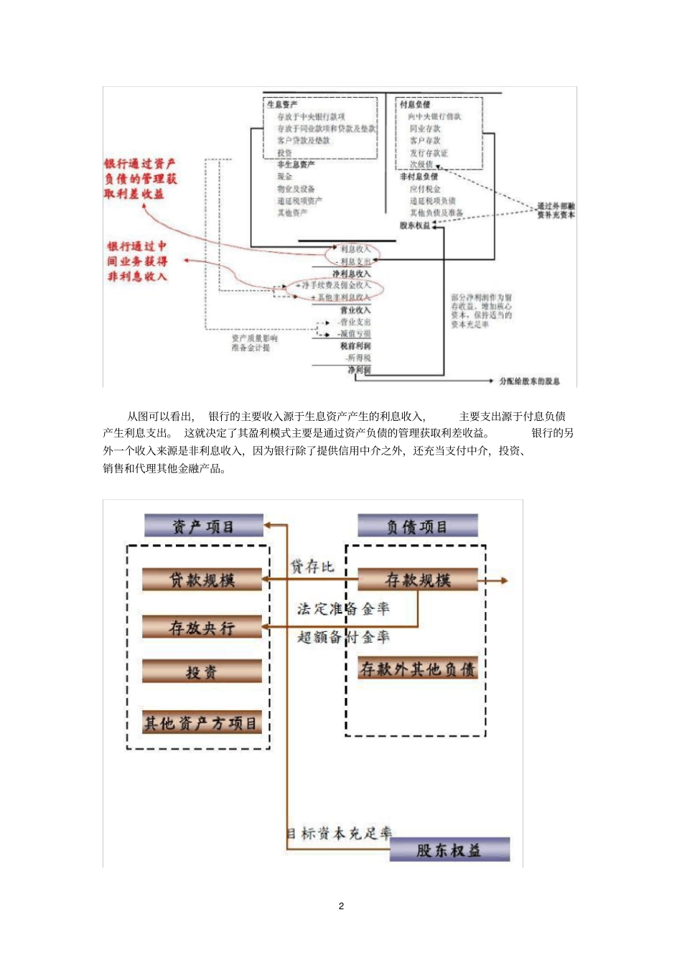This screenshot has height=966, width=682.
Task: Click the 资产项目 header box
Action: click(203, 526)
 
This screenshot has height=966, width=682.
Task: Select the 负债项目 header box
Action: click(417, 526)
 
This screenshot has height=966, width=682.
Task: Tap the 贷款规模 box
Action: click(202, 580)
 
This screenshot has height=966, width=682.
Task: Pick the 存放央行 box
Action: click(202, 627)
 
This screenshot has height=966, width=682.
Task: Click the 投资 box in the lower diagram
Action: click(202, 672)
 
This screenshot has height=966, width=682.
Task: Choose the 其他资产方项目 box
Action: click(201, 723)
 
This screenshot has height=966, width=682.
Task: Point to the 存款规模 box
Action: click(418, 580)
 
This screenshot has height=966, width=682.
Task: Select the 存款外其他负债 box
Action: click(418, 669)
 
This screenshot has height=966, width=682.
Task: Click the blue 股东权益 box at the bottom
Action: click(449, 850)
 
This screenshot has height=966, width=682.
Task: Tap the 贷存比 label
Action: click(312, 567)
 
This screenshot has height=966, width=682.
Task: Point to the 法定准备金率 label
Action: click(343, 609)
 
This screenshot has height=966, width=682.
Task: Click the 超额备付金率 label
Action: click(343, 636)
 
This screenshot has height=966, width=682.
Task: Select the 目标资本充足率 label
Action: click(340, 833)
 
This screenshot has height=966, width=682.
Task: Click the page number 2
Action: click(341, 906)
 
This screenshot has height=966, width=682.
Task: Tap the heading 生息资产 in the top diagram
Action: click(282, 105)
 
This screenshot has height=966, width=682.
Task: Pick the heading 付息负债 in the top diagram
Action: click(415, 105)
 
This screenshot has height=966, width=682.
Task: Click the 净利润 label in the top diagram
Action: click(359, 370)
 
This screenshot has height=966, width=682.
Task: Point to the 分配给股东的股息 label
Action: click(529, 381)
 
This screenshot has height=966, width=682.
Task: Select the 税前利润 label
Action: click(356, 345)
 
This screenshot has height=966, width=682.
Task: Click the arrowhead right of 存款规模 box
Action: click(505, 580)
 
